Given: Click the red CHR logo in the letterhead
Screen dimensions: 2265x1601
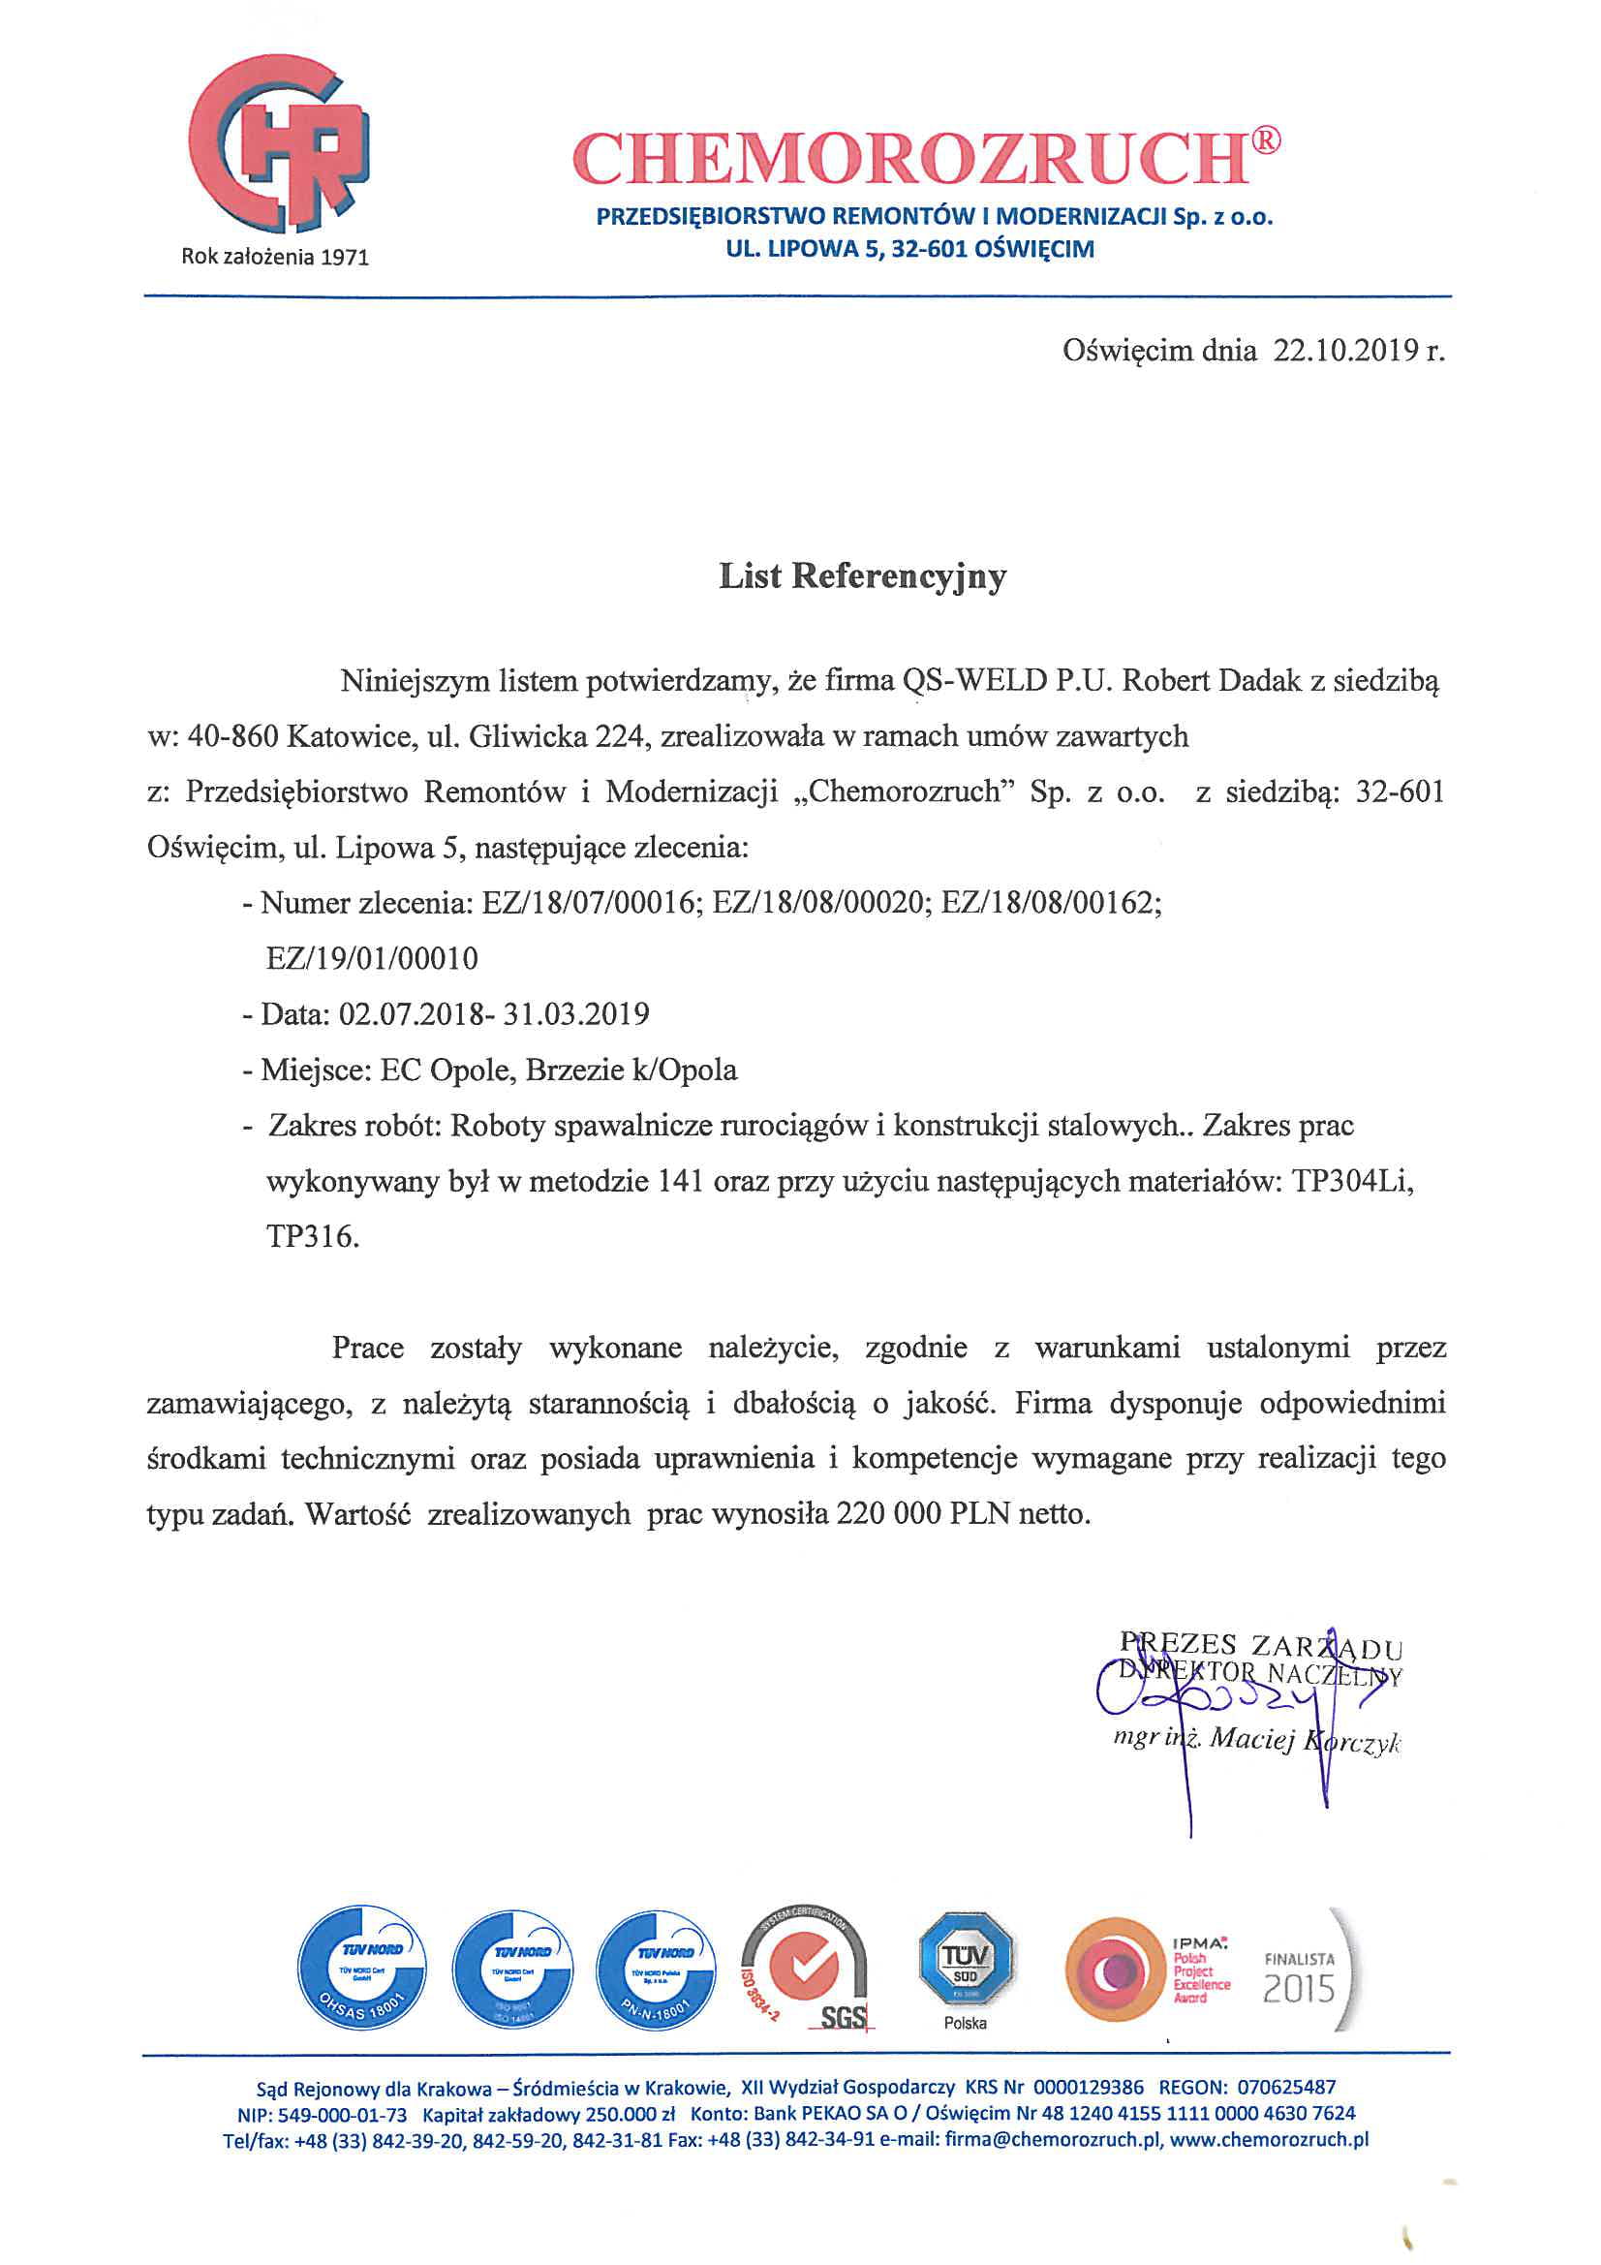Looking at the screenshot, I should tap(280, 146).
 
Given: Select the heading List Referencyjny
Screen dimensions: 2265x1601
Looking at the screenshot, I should tap(862, 575).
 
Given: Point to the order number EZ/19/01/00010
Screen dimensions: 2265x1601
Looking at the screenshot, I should tap(372, 958).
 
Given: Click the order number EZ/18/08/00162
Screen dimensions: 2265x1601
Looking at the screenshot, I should tap(1051, 903).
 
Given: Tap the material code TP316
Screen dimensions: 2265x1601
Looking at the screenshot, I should tap(312, 1236).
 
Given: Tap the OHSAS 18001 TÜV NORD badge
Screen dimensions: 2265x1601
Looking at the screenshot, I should tap(363, 1970).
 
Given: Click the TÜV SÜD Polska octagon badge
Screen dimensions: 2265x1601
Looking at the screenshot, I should tap(965, 1965).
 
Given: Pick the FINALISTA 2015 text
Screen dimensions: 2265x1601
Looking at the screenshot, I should tap(1299, 1978).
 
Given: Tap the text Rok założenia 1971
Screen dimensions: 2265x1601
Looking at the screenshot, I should tap(275, 258).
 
